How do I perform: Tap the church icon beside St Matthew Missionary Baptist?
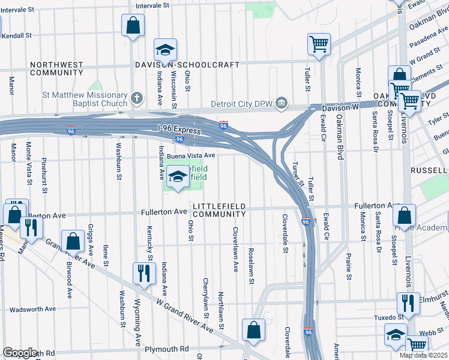click(137, 97)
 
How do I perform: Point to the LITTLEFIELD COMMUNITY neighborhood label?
click(219, 210)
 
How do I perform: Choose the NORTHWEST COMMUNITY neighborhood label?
click(57, 68)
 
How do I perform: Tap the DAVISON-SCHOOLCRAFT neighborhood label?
click(187, 65)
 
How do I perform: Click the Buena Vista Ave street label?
click(191, 155)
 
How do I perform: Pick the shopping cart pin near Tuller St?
click(318, 43)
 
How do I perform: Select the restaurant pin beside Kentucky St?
click(143, 272)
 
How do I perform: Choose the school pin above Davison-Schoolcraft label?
click(166, 49)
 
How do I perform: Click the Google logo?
click(20, 353)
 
